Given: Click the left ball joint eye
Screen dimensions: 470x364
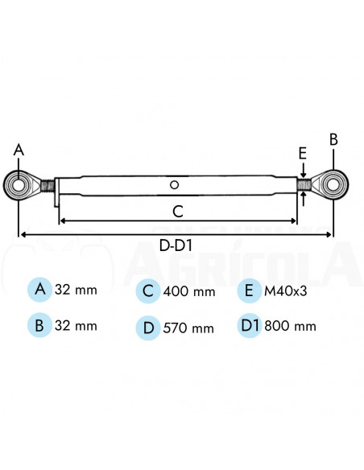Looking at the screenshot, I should [19, 186].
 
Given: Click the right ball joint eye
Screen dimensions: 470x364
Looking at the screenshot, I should [332, 185].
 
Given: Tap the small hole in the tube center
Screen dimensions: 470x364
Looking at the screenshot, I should [175, 184].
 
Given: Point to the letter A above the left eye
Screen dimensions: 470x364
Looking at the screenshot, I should [19, 149].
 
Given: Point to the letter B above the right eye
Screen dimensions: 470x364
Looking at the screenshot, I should [333, 138].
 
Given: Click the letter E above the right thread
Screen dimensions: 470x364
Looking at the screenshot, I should [302, 153].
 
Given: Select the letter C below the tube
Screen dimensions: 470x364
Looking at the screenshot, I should [179, 211].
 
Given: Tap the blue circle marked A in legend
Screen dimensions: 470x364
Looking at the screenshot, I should [39, 289].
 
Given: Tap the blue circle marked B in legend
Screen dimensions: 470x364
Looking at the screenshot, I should [39, 326].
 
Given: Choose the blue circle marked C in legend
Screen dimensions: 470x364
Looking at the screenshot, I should [147, 290].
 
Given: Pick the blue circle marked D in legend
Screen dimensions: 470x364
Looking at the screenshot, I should [147, 327].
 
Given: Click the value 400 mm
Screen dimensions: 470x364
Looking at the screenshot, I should [188, 291].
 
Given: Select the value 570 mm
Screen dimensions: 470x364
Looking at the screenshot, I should [188, 328].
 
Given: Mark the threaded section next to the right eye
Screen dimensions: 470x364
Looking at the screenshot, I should [304, 185].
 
